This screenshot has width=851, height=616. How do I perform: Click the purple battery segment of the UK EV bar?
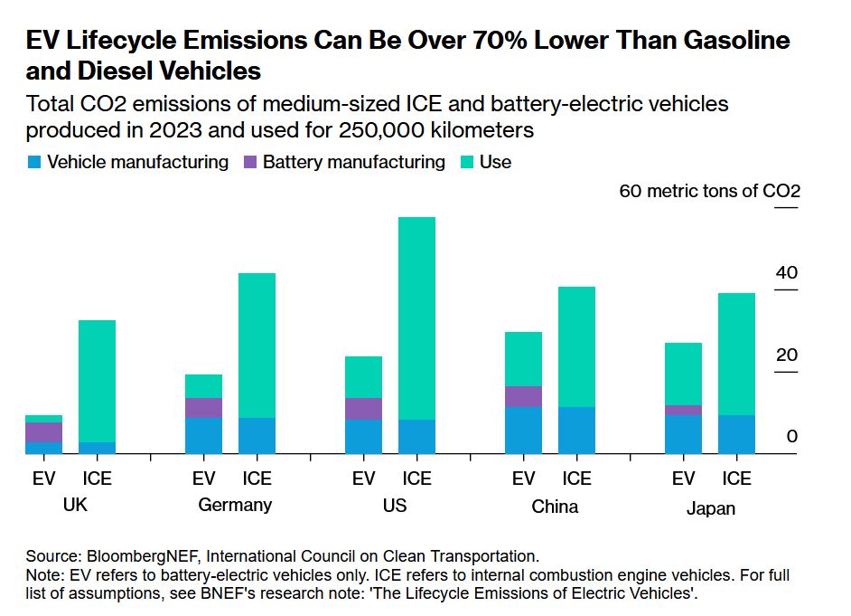click(43, 432)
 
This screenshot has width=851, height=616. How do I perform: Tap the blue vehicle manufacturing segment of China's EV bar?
click(523, 431)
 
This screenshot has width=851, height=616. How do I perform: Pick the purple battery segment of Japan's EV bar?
click(683, 410)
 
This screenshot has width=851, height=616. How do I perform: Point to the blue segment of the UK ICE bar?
click(97, 448)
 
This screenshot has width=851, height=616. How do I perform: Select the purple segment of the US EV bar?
click(363, 409)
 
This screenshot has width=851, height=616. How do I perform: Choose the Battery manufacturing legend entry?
click(353, 163)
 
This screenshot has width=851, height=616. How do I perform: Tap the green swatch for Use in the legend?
click(467, 163)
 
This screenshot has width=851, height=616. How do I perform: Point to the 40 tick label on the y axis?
click(787, 273)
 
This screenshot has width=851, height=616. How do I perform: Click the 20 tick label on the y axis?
click(787, 355)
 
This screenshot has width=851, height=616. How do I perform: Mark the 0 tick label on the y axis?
click(792, 436)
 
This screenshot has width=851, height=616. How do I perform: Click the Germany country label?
click(235, 505)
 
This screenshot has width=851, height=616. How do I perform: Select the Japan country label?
click(710, 508)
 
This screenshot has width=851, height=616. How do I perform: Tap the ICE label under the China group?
click(576, 479)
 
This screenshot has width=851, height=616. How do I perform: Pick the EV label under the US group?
click(363, 479)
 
